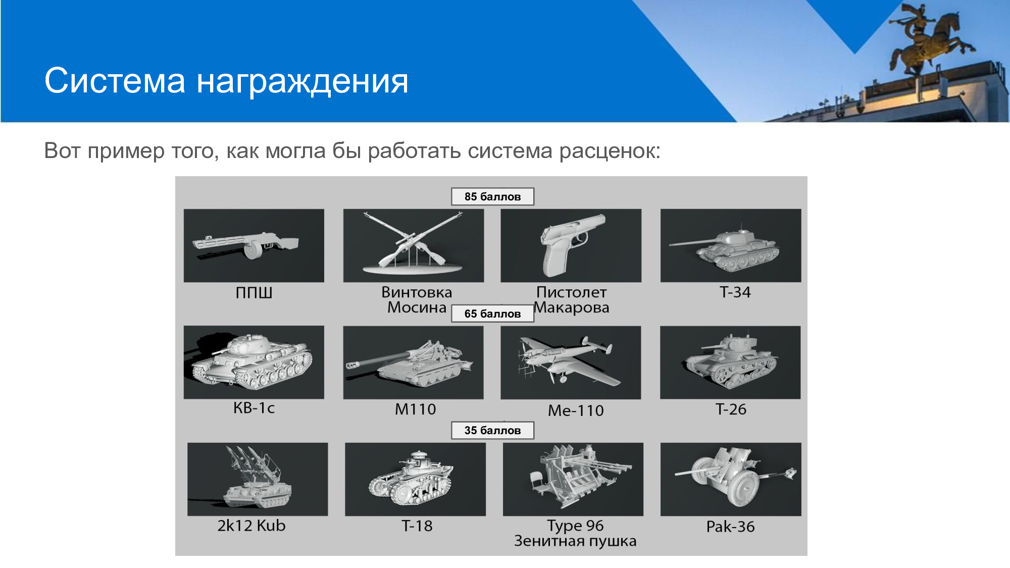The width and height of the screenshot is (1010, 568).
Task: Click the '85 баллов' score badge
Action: tap(492, 196)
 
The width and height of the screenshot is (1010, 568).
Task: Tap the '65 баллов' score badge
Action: tap(492, 314)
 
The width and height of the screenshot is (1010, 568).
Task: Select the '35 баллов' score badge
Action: tap(492, 430)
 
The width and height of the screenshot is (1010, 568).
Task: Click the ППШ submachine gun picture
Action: tap(254, 245)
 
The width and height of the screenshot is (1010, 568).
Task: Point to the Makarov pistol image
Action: tap(571, 245)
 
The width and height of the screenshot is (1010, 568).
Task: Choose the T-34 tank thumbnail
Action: tap(731, 245)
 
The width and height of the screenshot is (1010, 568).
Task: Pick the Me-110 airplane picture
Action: tap(571, 363)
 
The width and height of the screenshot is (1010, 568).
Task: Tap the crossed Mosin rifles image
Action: tap(414, 245)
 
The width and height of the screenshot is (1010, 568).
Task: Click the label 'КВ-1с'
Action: tap(254, 408)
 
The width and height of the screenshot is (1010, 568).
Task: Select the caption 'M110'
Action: tap(415, 409)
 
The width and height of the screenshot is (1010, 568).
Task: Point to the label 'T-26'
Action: tap(731, 409)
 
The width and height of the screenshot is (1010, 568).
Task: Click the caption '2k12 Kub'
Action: tap(251, 526)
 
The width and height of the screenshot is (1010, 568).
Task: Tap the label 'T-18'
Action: tap(417, 526)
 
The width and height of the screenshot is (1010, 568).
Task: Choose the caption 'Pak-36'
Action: tap(730, 527)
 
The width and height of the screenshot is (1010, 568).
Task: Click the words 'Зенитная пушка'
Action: tap(575, 541)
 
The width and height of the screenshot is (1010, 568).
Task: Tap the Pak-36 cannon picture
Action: tap(731, 479)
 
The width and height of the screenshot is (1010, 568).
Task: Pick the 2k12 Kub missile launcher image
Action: tap(258, 479)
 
